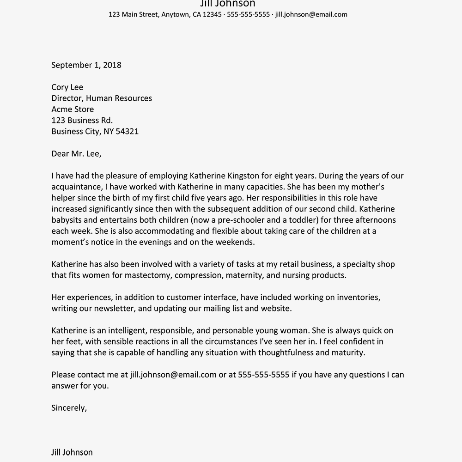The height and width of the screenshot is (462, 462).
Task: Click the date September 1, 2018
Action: click(86, 65)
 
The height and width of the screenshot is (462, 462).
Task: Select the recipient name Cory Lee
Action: click(67, 87)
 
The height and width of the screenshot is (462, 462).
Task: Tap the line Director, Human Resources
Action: click(102, 98)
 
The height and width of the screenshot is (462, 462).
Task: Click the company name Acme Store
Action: click(73, 109)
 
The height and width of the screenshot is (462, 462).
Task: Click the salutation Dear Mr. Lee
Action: click(76, 154)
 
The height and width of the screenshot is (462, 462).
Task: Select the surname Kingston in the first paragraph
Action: click(246, 176)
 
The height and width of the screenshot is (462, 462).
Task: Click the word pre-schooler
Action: click(241, 220)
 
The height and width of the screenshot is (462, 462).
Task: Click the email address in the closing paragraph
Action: click(173, 375)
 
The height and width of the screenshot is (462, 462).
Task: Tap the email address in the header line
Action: click(311, 14)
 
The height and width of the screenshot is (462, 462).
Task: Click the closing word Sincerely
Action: click(69, 408)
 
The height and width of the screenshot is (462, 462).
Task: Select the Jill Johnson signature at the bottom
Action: click(72, 452)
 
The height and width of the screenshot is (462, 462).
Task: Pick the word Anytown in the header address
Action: click(176, 14)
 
